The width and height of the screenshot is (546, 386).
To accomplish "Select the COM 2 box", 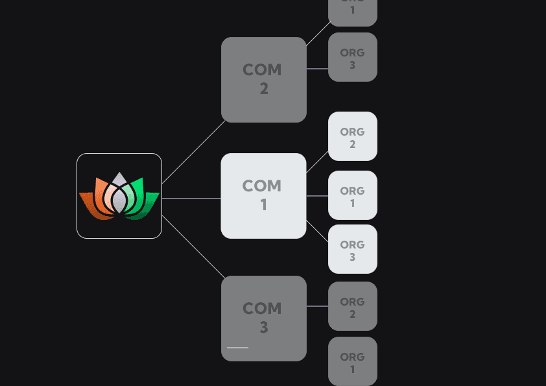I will pos(263,79).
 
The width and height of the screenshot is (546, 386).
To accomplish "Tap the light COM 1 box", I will pos(263,195).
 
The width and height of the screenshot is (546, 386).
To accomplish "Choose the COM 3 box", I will pos(263,318).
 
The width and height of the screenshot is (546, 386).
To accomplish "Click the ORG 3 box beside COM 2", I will pos(352,57).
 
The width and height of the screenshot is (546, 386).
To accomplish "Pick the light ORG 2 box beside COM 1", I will pos(352,136).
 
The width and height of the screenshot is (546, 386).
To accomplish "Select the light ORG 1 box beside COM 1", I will pos(352,195).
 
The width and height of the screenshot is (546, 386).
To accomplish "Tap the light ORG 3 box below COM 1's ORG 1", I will pos(352,249).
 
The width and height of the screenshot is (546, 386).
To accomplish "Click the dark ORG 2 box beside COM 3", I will pos(352,306).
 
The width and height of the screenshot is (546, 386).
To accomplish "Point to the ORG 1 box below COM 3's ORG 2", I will pos(352,361).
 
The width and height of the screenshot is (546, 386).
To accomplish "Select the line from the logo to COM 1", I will pos(191,199).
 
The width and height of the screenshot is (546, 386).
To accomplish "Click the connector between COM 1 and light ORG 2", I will pos(317,162).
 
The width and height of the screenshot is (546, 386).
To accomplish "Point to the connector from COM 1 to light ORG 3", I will pos(317,232).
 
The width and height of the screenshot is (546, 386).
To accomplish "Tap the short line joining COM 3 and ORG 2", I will pos(317,306).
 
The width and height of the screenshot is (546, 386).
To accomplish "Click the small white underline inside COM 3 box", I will pos(237,348).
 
